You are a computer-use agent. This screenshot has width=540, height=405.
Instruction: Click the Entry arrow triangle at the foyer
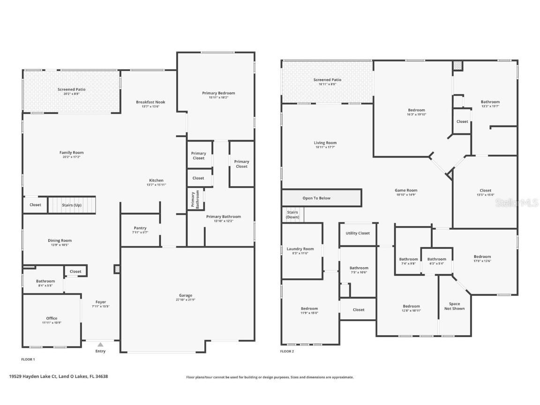pos(100,345)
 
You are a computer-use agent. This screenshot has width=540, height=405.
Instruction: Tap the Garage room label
pos(185,295)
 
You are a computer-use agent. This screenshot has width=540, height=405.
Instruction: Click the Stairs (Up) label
pos(72,205)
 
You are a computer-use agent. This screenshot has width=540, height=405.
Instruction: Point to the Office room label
pos(52,318)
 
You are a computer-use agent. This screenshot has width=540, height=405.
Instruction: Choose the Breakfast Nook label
pos(150,102)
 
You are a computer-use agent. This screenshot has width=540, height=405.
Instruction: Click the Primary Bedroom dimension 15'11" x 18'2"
pos(218,97)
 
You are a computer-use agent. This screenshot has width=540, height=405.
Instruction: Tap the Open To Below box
pos(316,198)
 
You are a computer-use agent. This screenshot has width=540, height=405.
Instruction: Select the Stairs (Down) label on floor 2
pos(292,215)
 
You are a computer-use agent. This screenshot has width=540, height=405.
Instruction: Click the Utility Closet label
pos(358,233)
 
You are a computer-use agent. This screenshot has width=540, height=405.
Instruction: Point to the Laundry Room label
pos(300,249)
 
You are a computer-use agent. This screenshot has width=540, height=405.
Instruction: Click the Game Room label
pos(405,190)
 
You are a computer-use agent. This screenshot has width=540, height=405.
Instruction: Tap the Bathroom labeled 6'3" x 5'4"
pos(436,261)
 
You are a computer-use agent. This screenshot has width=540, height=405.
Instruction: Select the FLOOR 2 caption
pos(287,351)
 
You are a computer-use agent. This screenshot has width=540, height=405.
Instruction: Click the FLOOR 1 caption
pos(28,360)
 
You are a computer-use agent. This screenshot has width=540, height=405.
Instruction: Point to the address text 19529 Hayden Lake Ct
pos(59,376)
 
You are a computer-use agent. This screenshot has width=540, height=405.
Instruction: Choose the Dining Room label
pos(60,240)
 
